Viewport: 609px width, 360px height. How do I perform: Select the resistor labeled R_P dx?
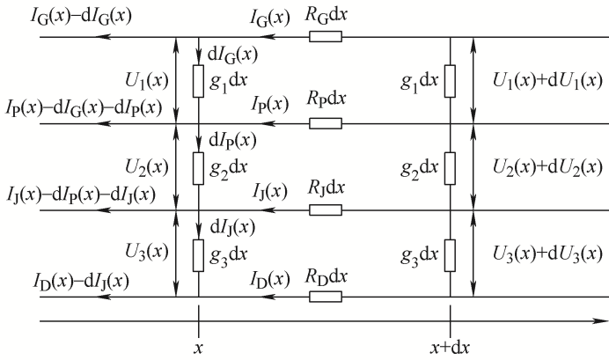tap(326, 123)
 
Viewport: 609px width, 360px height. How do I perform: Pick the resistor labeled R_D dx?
tap(326, 296)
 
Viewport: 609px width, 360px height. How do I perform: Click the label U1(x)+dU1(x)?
tap(544, 80)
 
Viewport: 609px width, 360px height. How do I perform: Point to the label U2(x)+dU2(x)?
tap(544, 166)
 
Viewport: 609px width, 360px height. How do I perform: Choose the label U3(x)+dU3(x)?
tap(544, 253)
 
